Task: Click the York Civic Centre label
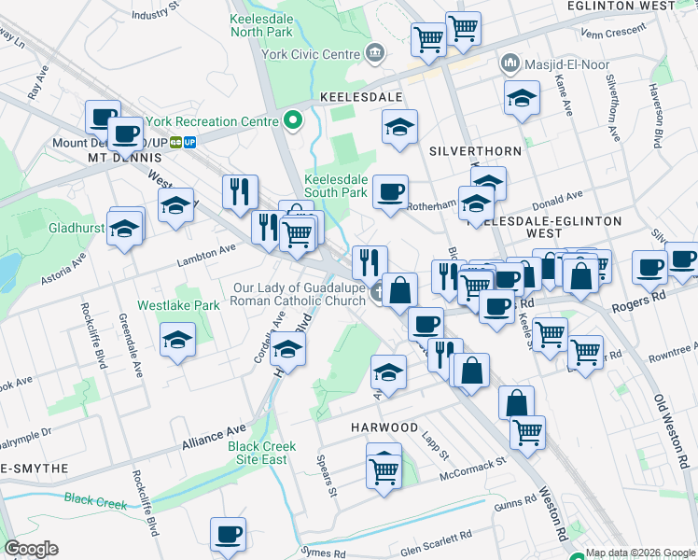[x=312, y=53]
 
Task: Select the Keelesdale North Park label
[x=261, y=24]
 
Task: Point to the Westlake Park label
[x=178, y=305]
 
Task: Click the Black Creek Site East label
[x=262, y=453]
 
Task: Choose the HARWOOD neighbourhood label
[x=384, y=427]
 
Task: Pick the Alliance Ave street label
[x=215, y=436]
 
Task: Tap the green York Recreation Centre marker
[x=293, y=121]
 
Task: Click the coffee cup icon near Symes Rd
[x=229, y=535]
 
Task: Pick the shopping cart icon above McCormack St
[x=384, y=471]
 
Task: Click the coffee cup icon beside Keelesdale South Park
[x=391, y=192]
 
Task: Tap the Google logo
[x=31, y=549]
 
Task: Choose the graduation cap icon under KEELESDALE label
[x=400, y=127]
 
